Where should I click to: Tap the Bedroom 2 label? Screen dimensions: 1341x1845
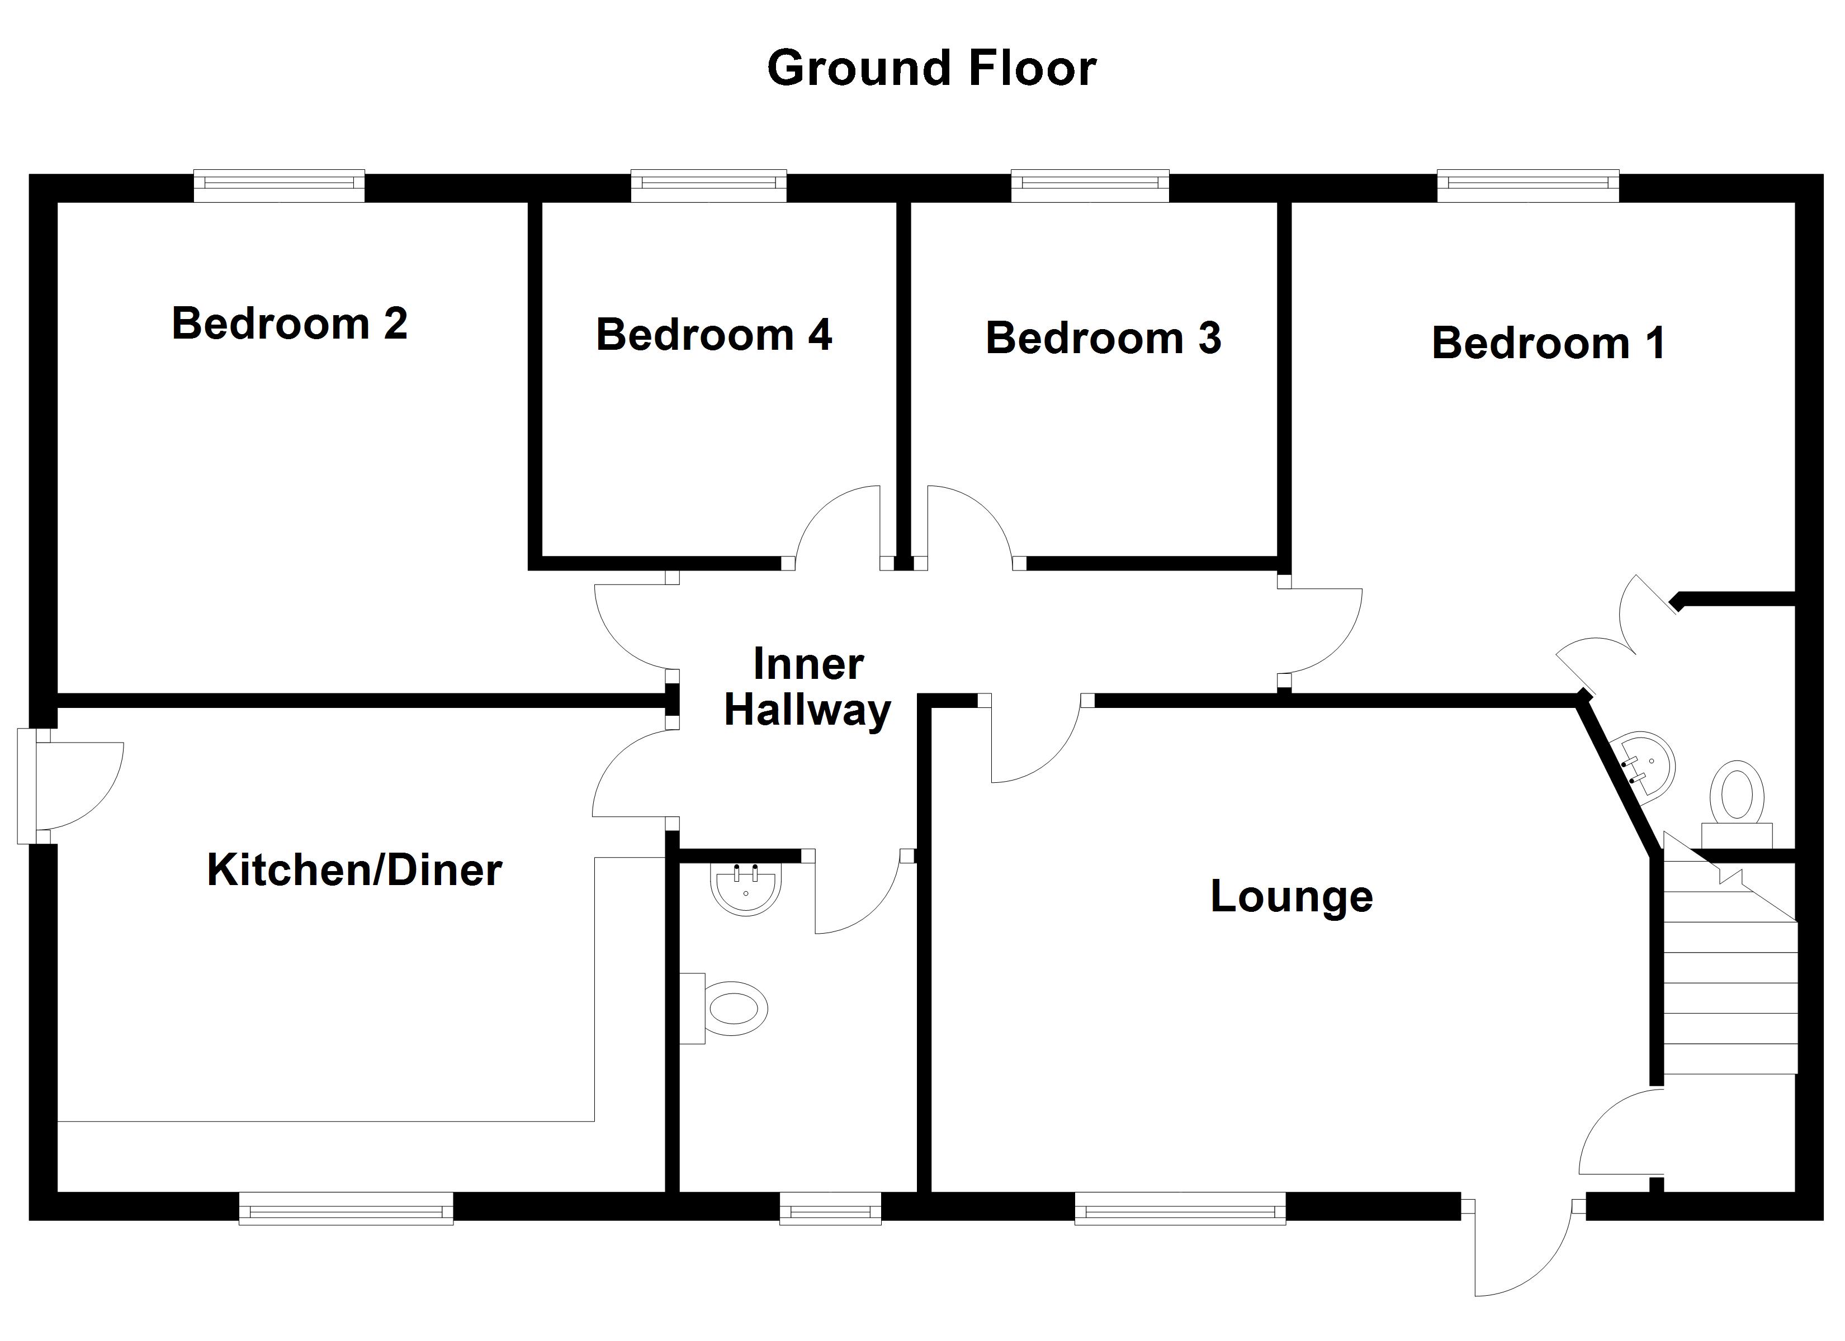pos(290,324)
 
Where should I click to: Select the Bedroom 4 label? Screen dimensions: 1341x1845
pos(713,335)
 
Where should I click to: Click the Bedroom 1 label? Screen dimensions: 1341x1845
pos(1548,343)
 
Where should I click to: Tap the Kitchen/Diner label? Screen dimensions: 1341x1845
pos(354,870)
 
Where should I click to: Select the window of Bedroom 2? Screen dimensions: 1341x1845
pos(279,186)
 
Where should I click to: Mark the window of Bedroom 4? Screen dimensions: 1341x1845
pos(708,186)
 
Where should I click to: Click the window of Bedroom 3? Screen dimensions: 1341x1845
pos(1090,186)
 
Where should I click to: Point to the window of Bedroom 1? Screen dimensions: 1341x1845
pos(1528,186)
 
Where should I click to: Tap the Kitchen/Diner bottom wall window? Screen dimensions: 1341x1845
pos(346,1209)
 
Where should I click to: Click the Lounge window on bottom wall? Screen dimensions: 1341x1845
pos(1180,1209)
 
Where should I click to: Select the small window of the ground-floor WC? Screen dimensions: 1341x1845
pos(830,1209)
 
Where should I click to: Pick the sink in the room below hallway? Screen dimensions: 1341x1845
pos(746,888)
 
